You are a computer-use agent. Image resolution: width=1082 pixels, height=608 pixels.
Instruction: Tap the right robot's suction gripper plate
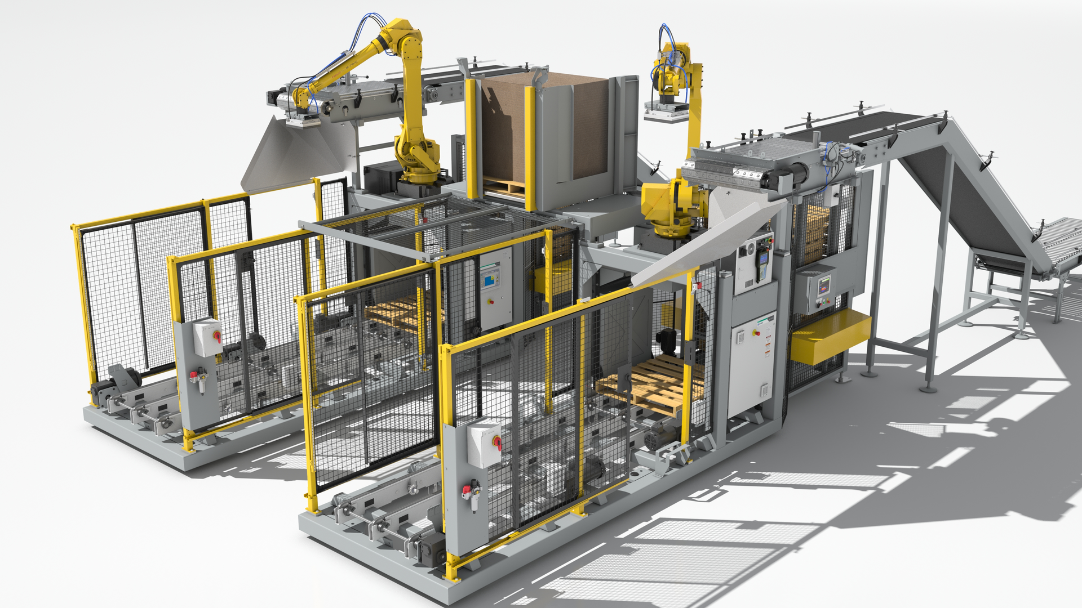666,113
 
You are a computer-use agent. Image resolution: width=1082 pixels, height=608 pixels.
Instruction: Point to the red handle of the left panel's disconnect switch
218,337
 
